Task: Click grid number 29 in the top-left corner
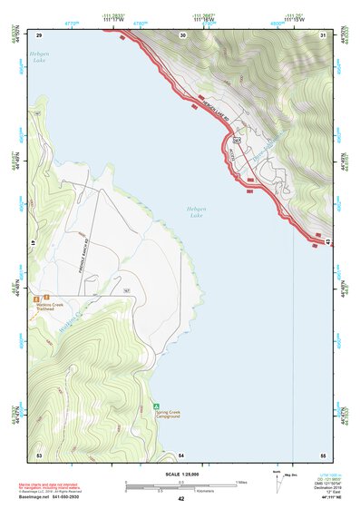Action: pyautogui.click(x=39, y=34)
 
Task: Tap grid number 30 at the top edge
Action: pyautogui.click(x=183, y=34)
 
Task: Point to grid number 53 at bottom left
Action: pyautogui.click(x=39, y=453)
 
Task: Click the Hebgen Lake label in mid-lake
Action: pyautogui.click(x=196, y=211)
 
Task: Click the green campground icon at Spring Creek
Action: pyautogui.click(x=156, y=406)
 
